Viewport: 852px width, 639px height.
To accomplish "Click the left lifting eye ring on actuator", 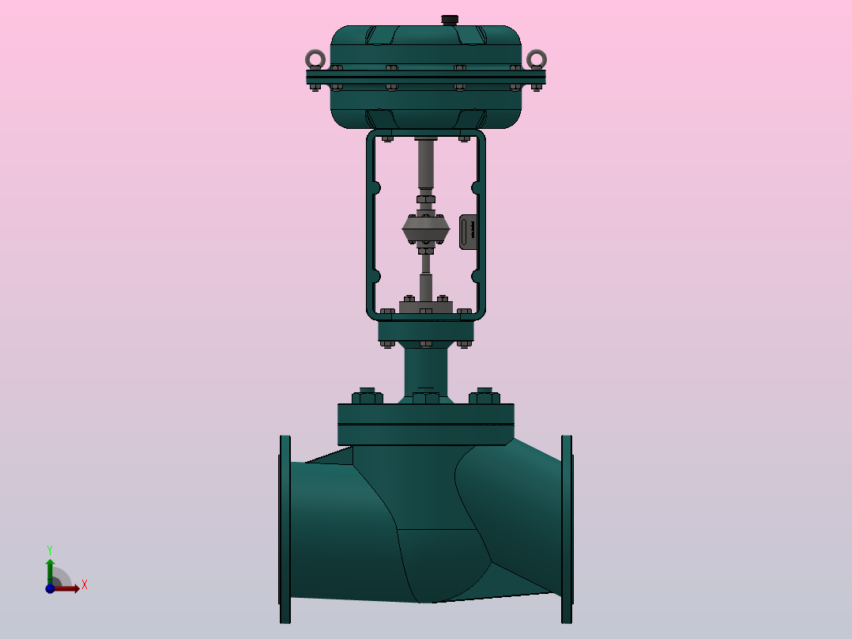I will (x=315, y=59).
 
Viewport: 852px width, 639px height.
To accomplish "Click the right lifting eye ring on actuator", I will (x=537, y=59).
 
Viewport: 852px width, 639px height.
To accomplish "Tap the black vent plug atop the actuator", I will (x=450, y=19).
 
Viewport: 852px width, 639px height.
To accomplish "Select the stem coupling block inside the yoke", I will (x=426, y=229).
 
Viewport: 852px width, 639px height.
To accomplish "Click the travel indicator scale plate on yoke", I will (x=469, y=232).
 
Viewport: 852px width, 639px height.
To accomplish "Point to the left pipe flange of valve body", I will (x=285, y=528).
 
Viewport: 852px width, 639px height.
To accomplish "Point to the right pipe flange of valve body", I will (x=567, y=528).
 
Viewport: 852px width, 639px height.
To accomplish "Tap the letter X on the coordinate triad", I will (x=84, y=585).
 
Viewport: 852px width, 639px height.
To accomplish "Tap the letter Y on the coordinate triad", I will (x=50, y=549).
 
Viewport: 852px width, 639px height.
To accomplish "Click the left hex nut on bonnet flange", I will (x=367, y=395).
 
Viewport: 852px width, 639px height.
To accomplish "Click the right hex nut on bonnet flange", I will (x=484, y=395).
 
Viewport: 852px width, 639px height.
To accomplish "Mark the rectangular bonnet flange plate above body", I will (x=426, y=424).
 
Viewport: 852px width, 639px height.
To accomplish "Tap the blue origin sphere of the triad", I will (x=50, y=588).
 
